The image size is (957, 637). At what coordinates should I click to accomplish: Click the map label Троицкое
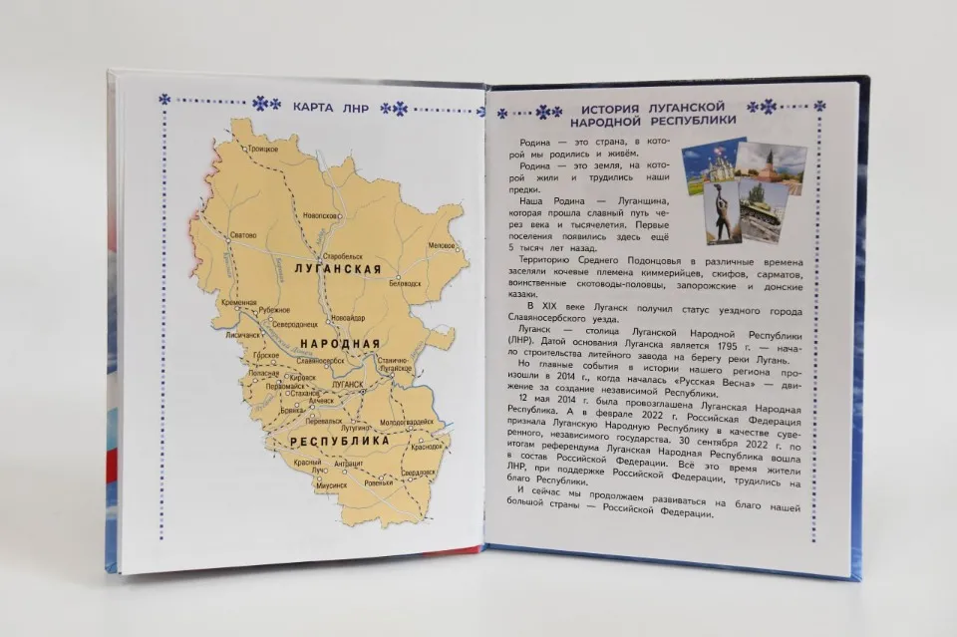click(262, 149)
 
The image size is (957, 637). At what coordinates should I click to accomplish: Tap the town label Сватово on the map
click(243, 235)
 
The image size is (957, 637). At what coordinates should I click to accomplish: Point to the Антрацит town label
click(349, 463)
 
